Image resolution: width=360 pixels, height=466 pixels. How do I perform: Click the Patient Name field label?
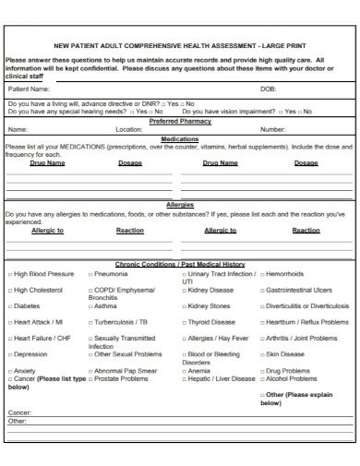tap(29, 90)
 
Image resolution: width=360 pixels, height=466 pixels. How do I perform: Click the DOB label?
tap(269, 90)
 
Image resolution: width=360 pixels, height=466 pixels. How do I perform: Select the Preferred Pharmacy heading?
tap(180, 121)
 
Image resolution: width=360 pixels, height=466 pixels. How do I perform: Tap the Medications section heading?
tap(180, 138)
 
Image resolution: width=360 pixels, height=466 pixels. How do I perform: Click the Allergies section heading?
tap(180, 205)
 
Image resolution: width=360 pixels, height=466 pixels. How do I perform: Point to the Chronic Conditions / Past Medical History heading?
tap(180, 264)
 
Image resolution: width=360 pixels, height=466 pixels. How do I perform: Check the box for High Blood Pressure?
tap(10, 274)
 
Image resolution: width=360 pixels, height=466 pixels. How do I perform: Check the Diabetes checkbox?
tap(10, 306)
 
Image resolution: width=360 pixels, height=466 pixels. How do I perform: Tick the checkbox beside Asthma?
tap(90, 306)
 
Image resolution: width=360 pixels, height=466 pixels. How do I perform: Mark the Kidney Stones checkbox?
tap(183, 306)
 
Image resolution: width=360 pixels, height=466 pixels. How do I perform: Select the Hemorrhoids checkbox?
tap(262, 274)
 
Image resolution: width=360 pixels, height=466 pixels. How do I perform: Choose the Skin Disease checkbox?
tap(262, 354)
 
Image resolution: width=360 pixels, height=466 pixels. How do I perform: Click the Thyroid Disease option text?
tap(211, 323)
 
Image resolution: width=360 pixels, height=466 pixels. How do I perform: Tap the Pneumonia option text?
tap(111, 274)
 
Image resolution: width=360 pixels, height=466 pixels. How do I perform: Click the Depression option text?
tap(30, 354)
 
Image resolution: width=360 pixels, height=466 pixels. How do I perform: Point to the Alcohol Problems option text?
tap(292, 378)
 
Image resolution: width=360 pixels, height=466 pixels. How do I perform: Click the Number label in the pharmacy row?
tap(273, 130)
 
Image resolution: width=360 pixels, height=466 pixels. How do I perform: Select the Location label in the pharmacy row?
tap(129, 130)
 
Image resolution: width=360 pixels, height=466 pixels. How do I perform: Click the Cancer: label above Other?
tap(19, 412)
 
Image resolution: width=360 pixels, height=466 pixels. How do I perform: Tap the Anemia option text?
tap(198, 371)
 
